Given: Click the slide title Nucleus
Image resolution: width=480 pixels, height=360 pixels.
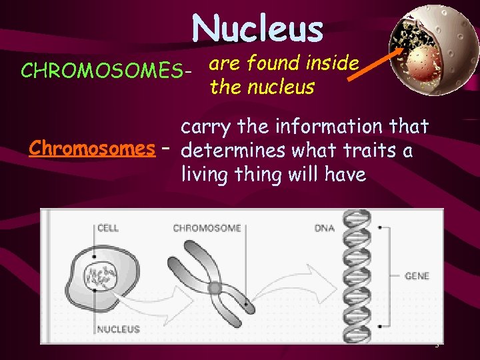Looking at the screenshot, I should pos(257,29).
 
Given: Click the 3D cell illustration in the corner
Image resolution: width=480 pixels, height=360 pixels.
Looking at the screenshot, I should pos(424,50).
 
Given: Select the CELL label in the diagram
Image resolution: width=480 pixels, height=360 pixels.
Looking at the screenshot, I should pos(108,228).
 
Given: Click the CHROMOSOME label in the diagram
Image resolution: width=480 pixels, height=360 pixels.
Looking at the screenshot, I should pos(207,228).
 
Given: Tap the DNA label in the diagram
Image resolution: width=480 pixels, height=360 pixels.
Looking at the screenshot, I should pos(325,228).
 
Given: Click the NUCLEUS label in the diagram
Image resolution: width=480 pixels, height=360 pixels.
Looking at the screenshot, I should pos(119,329).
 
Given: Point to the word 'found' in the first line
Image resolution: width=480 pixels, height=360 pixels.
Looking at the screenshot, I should pos(271,63).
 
